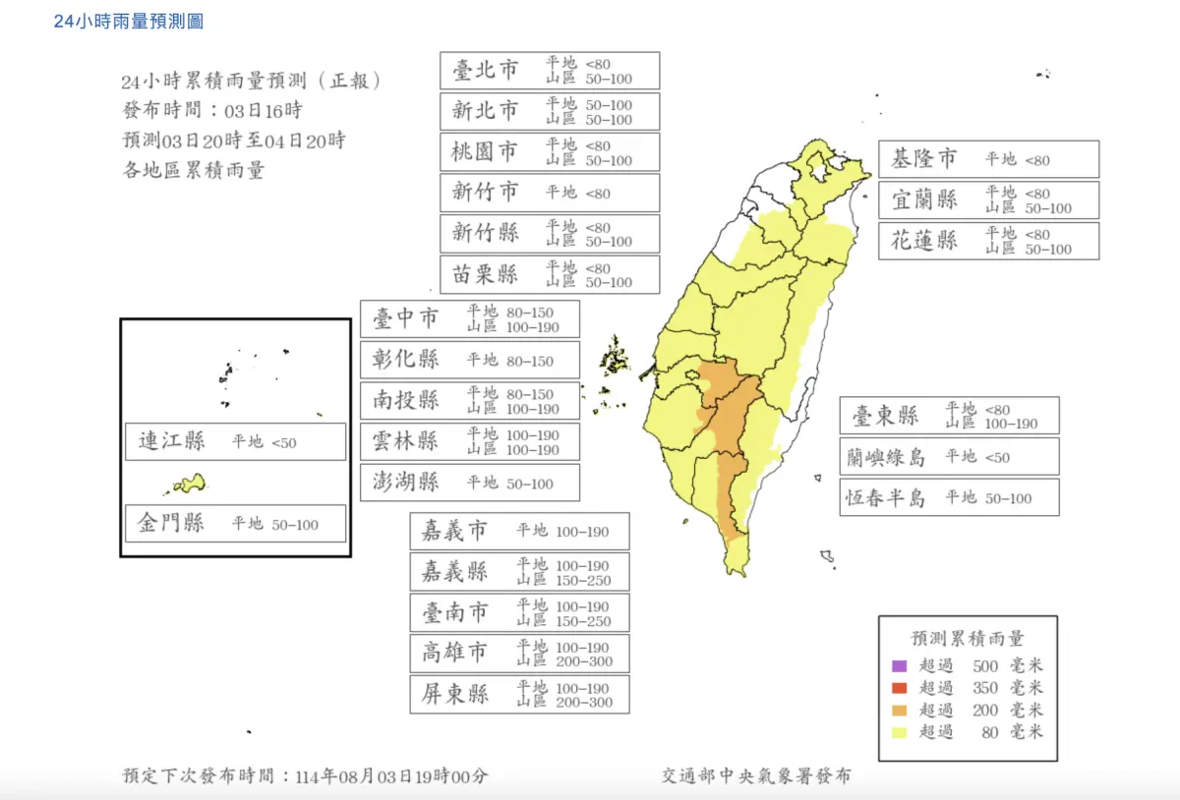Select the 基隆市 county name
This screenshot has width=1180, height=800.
(x=923, y=159)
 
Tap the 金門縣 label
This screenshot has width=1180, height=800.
(x=171, y=523)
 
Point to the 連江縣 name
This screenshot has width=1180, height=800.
(x=171, y=441)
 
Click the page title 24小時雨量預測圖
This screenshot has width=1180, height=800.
(x=129, y=21)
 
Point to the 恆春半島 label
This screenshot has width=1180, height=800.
(x=886, y=497)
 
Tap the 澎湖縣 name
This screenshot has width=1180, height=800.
(x=406, y=482)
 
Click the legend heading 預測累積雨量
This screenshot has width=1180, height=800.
(x=968, y=638)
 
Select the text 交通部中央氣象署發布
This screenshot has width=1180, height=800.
(x=755, y=775)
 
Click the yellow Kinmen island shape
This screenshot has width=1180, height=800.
(x=189, y=484)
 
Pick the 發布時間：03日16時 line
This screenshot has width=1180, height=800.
(x=211, y=110)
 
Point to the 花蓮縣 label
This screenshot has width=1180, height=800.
(x=923, y=241)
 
